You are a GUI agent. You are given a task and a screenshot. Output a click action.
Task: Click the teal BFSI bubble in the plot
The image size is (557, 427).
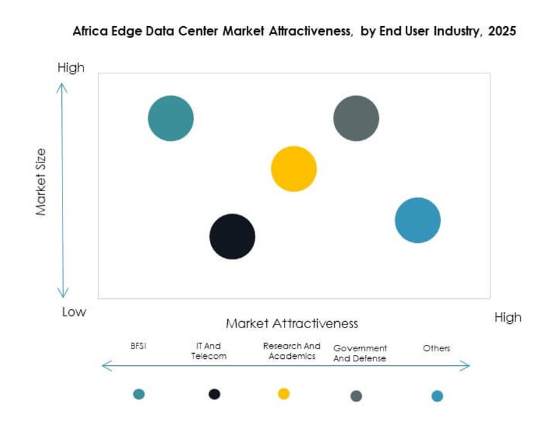pos(171,118)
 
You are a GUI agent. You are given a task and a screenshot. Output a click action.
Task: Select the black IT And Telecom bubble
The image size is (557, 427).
pos(232,236)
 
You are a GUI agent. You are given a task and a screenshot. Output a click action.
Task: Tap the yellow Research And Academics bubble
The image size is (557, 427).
pos(293,169)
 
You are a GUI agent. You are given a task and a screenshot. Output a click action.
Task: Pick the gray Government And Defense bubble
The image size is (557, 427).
pos(356,118)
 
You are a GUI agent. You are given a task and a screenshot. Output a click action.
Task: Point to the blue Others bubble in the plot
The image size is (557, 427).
pos(418,221)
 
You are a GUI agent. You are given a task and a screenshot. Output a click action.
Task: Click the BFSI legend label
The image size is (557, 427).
pos(138,346)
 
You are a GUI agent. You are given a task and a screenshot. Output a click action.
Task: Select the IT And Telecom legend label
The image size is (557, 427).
pos(209,351)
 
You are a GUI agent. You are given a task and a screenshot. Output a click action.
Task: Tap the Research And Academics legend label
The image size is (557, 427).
pos(292,351)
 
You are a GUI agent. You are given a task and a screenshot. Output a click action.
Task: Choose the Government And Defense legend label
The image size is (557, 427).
pos(360,353)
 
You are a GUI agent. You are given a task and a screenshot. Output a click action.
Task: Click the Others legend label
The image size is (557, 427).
pos(436,348)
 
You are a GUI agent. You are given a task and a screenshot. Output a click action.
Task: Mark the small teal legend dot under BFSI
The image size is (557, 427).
pos(139,394)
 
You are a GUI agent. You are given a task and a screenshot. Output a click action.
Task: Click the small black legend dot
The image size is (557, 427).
pos(214,394)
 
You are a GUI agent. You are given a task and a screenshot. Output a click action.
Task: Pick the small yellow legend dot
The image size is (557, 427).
pos(284,393)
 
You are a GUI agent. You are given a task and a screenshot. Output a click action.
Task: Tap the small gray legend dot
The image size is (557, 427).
pos(356,396)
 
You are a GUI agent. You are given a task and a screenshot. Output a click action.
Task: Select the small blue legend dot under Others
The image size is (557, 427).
pos(437,396)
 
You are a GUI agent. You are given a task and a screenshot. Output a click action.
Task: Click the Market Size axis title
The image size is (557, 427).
pos(41,182)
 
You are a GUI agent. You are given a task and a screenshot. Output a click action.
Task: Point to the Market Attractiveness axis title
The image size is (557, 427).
pos(292,323)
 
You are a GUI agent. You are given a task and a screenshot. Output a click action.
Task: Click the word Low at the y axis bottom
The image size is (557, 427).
pos(74,312)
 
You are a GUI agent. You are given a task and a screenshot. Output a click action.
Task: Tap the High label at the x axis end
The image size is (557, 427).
pos(508,317)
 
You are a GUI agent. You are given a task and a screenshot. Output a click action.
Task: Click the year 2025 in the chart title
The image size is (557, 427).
pos(501,31)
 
